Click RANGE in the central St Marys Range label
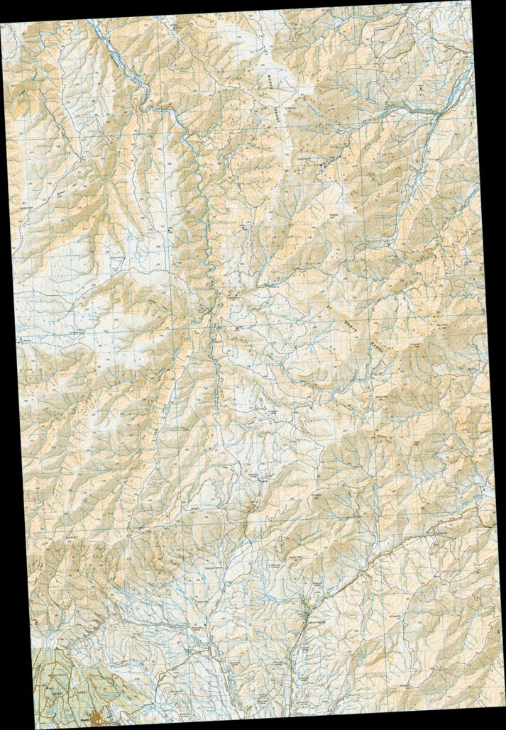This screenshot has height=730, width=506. (x=375, y=346)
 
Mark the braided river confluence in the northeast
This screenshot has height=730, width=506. (x=439, y=114)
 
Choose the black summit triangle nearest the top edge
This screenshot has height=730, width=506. (x=174, y=29)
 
